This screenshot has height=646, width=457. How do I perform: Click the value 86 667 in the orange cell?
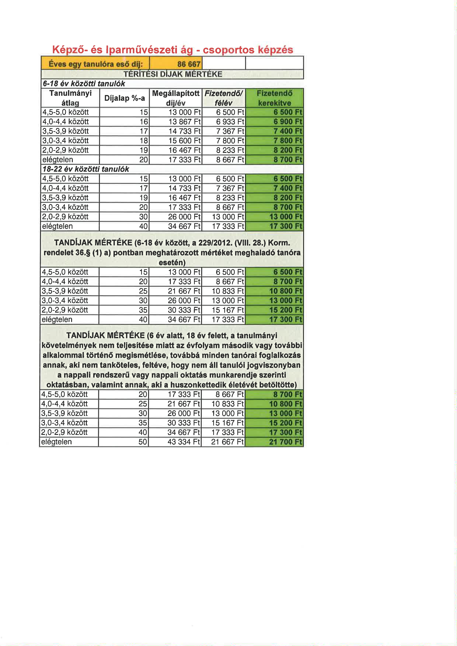click(189, 64)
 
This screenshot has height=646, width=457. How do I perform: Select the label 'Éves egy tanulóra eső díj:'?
click(96, 64)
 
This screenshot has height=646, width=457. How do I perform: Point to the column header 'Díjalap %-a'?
click(124, 98)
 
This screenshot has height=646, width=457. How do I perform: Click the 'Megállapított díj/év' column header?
click(176, 98)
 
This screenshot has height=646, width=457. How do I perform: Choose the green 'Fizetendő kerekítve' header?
click(274, 98)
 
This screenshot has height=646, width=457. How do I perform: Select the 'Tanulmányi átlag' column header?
click(70, 98)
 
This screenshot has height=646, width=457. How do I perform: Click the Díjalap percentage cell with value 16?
click(144, 122)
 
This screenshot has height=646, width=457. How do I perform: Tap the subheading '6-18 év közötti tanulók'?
click(84, 84)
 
